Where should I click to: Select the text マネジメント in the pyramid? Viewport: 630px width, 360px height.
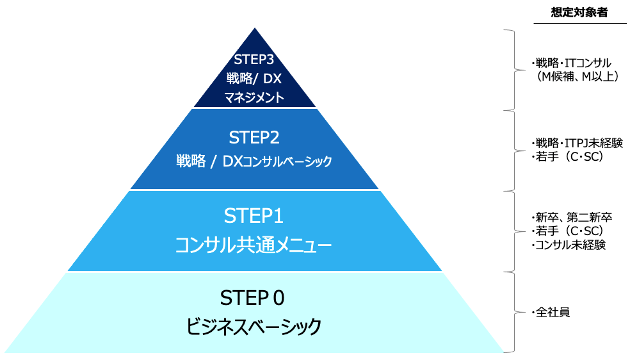click(254, 98)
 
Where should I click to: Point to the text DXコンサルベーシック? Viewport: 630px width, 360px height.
click(277, 162)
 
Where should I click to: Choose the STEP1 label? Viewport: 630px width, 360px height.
click(254, 217)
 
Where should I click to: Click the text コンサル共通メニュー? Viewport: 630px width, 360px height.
click(254, 245)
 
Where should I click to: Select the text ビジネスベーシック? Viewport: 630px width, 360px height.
click(254, 327)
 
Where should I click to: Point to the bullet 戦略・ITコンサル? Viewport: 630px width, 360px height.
click(571, 63)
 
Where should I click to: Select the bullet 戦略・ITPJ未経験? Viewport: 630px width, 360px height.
click(577, 142)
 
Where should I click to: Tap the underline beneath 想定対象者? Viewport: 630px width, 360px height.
click(579, 24)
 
